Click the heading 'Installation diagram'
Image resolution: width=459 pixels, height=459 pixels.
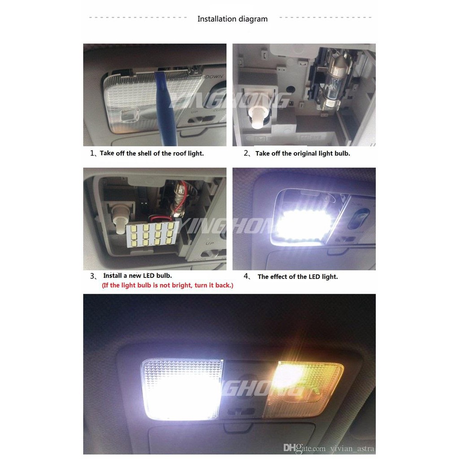pos(233,19)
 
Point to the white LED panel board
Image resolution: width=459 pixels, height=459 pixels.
pos(152,234)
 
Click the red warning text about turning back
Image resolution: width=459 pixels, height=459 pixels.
pos(168,286)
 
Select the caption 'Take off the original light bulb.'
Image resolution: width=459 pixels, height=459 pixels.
pos(303,153)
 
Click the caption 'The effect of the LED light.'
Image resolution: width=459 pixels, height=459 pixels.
pos(298,277)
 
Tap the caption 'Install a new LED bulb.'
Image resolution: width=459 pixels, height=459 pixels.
pos(137,276)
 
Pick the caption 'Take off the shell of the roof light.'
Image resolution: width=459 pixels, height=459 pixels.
pos(152,153)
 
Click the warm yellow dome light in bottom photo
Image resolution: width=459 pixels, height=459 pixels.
pos(303,390)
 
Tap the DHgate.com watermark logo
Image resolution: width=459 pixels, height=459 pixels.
pos(304,448)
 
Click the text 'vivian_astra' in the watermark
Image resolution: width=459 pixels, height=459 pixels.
pos(352,448)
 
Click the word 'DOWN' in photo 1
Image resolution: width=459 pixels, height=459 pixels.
pos(214,77)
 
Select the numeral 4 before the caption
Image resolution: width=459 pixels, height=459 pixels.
pos(246,276)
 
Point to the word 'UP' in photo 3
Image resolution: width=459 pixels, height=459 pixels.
pos(210,243)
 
